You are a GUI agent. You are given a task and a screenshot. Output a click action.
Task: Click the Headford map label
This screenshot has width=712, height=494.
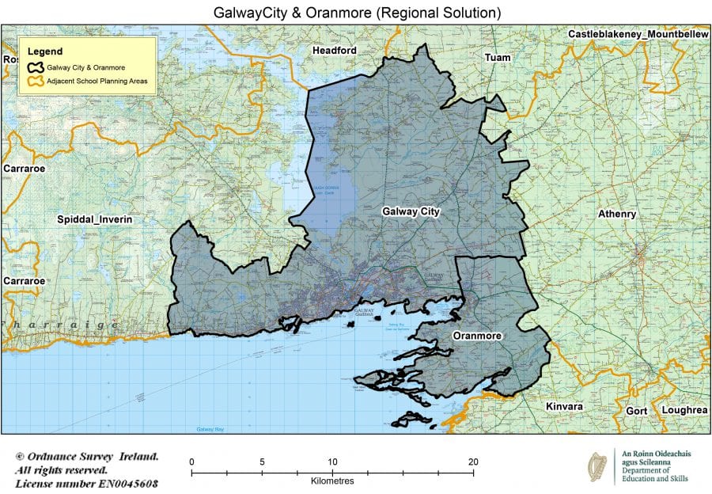coord(335,51)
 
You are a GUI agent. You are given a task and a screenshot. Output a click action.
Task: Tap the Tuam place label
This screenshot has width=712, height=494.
coord(498,58)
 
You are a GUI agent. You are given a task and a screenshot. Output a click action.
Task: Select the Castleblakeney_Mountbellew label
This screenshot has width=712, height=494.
coord(638,35)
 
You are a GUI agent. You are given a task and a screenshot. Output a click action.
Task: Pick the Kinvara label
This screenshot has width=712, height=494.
coord(564,406)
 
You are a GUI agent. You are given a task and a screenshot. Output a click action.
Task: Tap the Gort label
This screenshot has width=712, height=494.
coord(635,411)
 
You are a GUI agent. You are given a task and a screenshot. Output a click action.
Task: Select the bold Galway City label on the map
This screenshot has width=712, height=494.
coord(411,211)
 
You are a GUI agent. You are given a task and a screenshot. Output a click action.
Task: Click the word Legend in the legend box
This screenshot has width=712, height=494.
coord(47,51)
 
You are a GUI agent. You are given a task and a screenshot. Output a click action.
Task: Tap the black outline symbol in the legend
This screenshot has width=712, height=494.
coord(36,68)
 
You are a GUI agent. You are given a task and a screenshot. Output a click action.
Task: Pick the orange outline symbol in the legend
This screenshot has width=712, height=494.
coord(36,82)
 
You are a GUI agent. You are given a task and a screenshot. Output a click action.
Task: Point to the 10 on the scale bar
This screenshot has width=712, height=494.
coord(332,462)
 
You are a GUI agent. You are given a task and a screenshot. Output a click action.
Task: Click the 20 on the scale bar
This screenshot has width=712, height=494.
coord(473,462)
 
